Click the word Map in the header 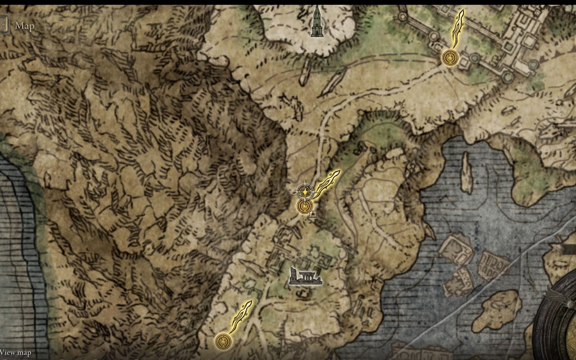(25, 26)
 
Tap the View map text (16, 352)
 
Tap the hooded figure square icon (313, 214)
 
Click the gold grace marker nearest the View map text (223, 341)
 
